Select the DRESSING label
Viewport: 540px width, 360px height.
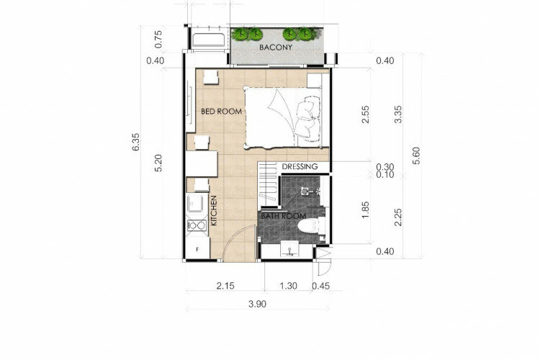[x=300, y=167]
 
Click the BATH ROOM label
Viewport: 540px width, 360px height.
[x=283, y=216]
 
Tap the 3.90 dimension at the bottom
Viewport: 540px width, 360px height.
[x=257, y=305]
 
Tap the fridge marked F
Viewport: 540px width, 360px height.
[x=197, y=248]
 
